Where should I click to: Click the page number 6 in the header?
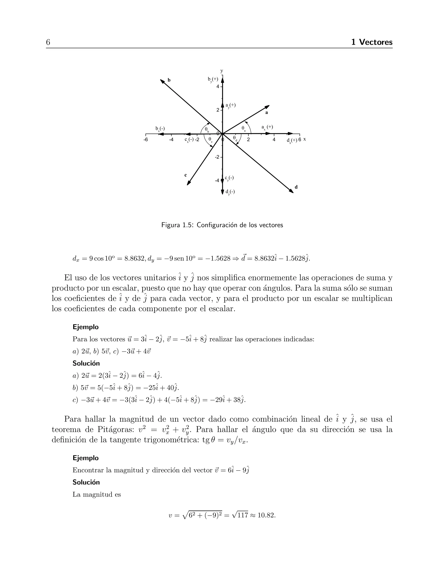click(x=48, y=42)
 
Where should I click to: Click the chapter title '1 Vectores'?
click(x=372, y=42)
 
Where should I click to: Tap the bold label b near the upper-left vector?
click(x=169, y=80)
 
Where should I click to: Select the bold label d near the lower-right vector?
click(x=296, y=187)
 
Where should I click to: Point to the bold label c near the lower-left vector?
click(x=185, y=175)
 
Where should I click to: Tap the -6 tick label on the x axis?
click(x=146, y=140)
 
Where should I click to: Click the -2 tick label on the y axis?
click(x=217, y=157)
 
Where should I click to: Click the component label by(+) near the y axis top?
click(x=213, y=79)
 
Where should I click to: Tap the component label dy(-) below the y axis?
click(x=230, y=192)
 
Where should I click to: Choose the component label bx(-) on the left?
click(x=160, y=129)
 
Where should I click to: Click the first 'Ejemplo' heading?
click(x=86, y=327)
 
